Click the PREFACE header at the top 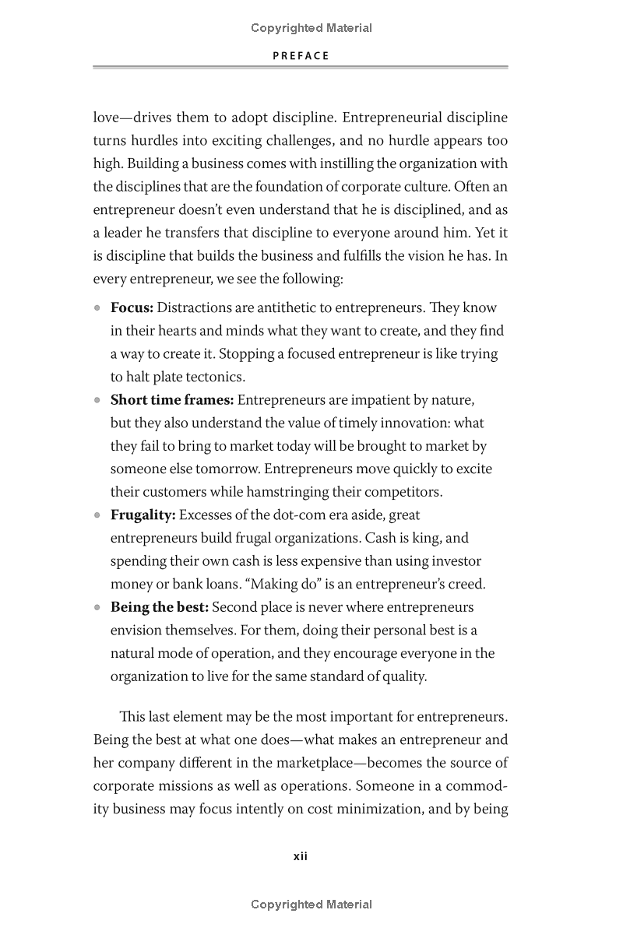pos(301,56)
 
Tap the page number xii pos(301,856)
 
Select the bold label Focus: pos(132,307)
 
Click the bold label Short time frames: pos(171,400)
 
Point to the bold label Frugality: pos(143,515)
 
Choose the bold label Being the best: pos(159,607)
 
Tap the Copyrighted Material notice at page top pos(311,28)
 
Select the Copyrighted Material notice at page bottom pos(311,905)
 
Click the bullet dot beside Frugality pos(97,515)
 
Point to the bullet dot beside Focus pos(97,307)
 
